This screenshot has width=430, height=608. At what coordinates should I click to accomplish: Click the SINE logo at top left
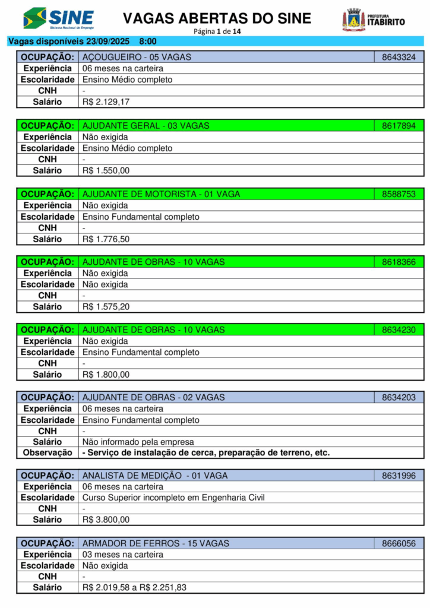click(58, 19)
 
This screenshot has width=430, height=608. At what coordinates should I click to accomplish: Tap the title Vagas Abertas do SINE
click(217, 18)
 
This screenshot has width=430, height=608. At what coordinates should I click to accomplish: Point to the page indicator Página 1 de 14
click(217, 31)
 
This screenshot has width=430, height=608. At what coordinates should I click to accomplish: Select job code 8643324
click(399, 58)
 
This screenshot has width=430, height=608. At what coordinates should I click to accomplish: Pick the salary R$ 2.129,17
click(106, 102)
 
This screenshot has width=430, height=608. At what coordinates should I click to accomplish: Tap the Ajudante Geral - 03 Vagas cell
click(146, 126)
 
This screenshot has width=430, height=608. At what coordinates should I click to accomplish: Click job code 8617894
click(399, 126)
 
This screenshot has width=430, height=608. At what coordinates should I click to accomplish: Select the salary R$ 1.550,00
click(106, 170)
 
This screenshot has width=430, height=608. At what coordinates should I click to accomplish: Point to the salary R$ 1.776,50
click(106, 239)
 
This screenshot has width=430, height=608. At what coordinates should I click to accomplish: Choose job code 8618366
click(399, 262)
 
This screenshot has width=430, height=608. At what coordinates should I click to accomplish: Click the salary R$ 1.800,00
click(106, 375)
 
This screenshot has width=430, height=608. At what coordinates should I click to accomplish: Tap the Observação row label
click(48, 452)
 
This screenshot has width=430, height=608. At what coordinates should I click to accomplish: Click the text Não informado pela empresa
click(138, 442)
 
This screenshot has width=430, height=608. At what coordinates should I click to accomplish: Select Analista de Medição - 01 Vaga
click(155, 476)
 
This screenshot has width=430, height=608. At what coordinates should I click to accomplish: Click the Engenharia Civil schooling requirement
click(173, 498)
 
